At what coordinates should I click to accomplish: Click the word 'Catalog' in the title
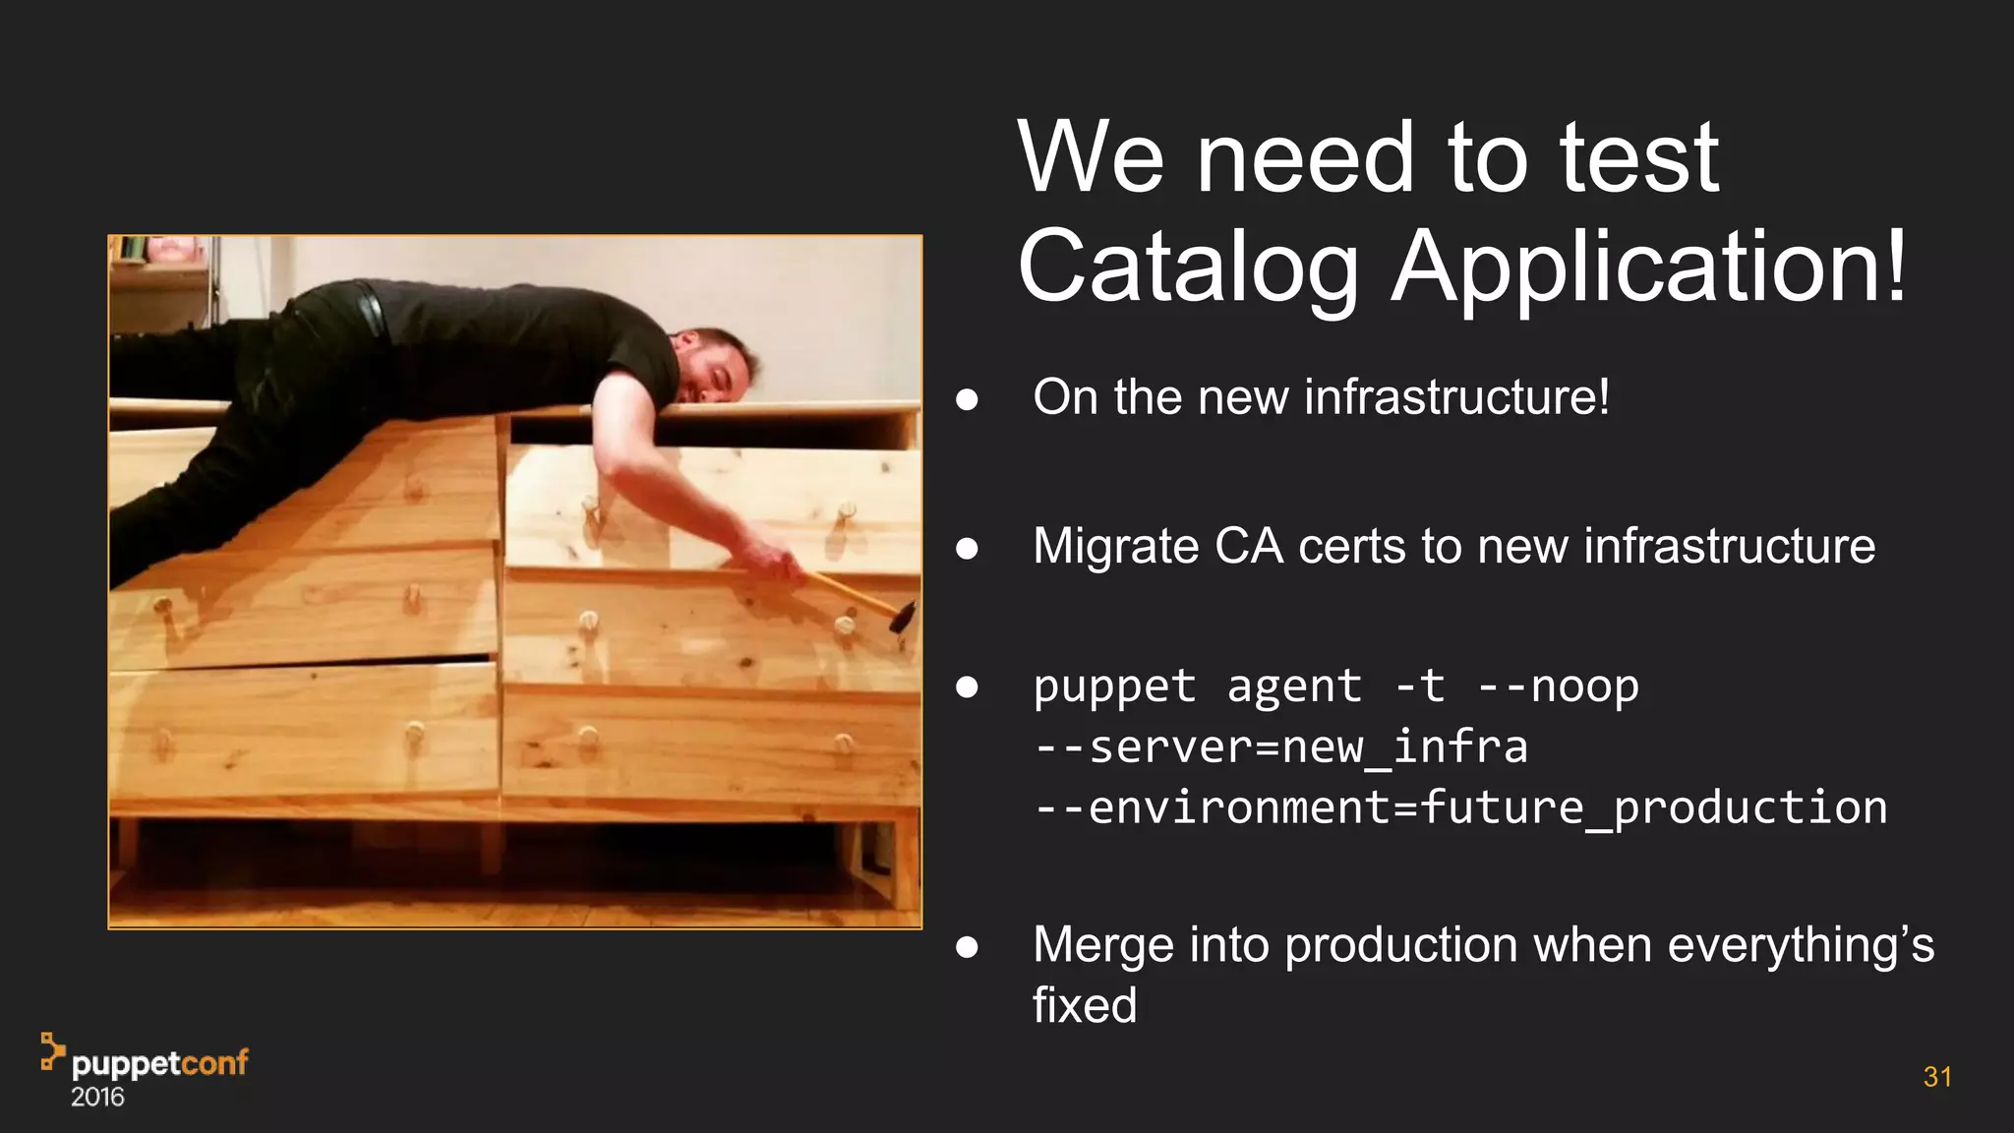(x=1188, y=268)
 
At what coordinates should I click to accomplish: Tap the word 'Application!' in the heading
(x=1650, y=268)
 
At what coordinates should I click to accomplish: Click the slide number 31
(x=1936, y=1077)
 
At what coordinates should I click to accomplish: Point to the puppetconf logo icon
(x=52, y=1050)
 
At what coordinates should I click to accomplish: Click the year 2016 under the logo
(x=97, y=1098)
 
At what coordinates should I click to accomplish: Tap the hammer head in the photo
(x=902, y=617)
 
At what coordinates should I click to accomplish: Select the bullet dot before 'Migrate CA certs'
(x=967, y=548)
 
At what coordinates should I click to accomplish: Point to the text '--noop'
(x=1559, y=686)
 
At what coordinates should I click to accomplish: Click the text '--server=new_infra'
(x=1280, y=746)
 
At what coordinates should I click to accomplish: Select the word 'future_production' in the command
(x=1652, y=807)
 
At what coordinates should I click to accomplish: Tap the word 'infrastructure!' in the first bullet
(x=1456, y=397)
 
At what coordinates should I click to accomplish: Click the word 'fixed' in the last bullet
(x=1084, y=1005)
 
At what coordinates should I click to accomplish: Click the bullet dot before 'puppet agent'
(x=967, y=686)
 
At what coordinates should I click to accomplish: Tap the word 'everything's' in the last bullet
(x=1801, y=945)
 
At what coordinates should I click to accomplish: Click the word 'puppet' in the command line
(x=1114, y=686)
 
